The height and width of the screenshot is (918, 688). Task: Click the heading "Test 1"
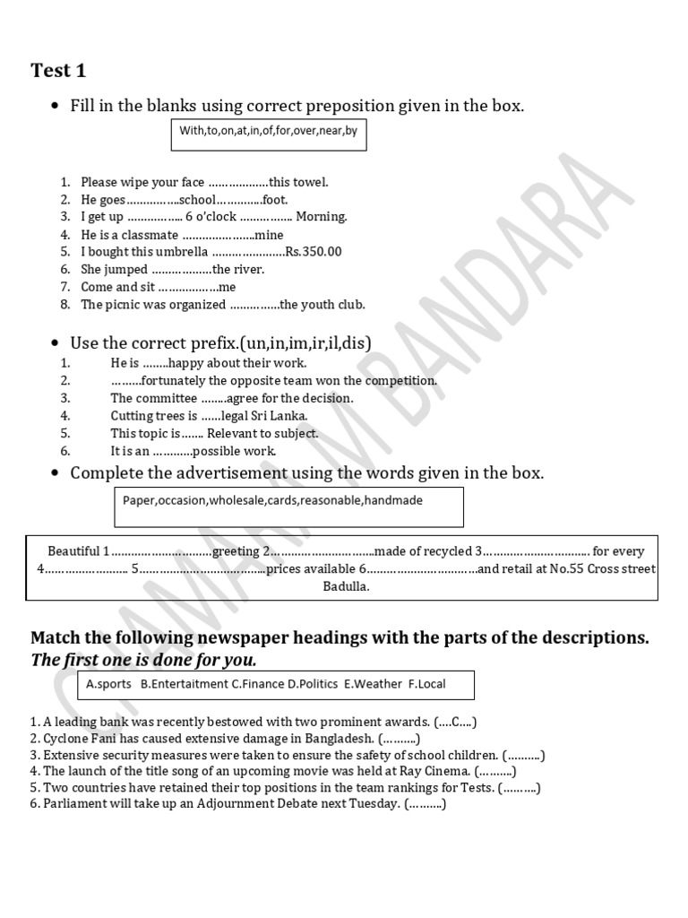(x=59, y=71)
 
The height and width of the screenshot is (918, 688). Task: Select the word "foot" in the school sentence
(x=273, y=200)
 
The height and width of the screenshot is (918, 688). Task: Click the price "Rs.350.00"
(x=314, y=252)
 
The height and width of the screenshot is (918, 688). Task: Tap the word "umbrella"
(x=182, y=252)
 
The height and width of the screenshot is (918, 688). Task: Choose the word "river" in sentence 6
(x=248, y=269)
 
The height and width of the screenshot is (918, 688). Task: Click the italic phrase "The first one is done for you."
(x=143, y=661)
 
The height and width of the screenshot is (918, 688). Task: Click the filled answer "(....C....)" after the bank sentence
(x=457, y=721)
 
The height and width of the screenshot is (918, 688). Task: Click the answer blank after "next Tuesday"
(x=425, y=804)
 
